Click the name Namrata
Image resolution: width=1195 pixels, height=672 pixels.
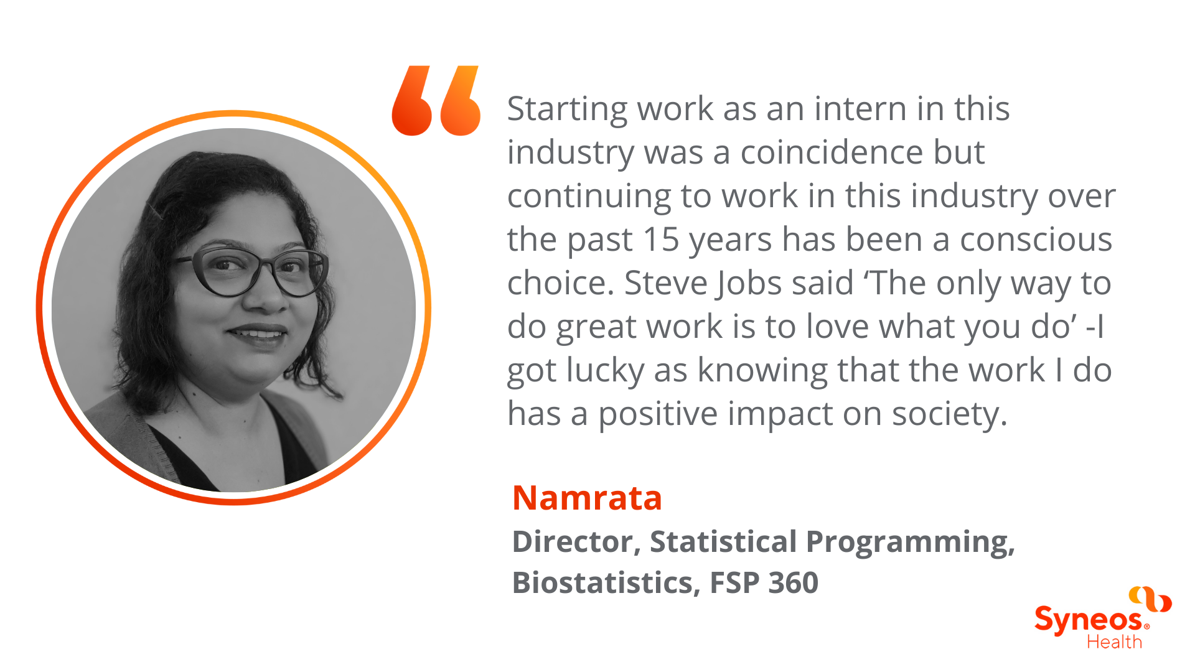coord(587,498)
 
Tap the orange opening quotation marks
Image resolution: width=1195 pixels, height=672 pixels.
coord(436,100)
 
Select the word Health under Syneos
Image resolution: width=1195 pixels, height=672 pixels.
coord(1114,642)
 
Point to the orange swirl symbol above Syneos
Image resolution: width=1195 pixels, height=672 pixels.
coord(1150,599)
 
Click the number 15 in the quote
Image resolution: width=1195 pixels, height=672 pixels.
coord(661,240)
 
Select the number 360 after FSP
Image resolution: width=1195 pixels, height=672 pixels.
coord(794,582)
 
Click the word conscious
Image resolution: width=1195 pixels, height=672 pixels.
coord(1036,240)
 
